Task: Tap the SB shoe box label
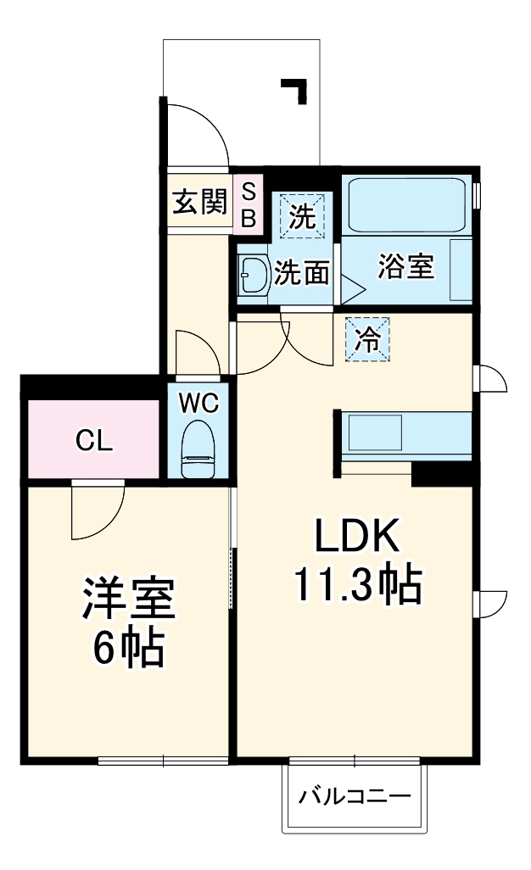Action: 249,204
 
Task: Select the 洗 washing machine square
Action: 302,215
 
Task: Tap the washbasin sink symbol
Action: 252,274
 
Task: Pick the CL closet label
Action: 92,440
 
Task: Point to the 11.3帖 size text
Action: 357,583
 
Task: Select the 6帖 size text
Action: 127,649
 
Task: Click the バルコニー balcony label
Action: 355,797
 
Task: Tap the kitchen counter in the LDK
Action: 406,433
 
